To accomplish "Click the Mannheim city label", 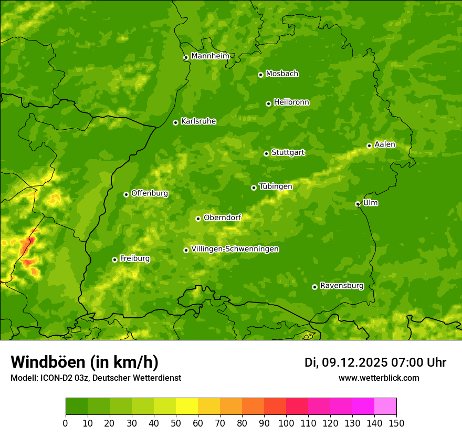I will [x=210, y=56].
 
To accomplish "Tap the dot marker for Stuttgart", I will [x=266, y=153].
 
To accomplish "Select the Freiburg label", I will [x=134, y=258].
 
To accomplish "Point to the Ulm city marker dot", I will [x=358, y=204].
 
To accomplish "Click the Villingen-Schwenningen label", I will [x=235, y=249].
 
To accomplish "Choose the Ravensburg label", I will [x=342, y=286].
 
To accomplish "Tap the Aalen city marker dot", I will [x=369, y=146].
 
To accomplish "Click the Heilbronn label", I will [x=291, y=102].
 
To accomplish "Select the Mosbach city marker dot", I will [x=260, y=75].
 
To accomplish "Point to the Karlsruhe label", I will [x=198, y=121].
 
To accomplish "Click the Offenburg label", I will [x=150, y=193].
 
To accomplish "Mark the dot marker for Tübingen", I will [x=254, y=188].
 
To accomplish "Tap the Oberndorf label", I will [x=222, y=217].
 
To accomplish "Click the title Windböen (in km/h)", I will [x=84, y=362].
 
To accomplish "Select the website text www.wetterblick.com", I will [x=379, y=378].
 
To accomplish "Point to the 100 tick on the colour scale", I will [x=286, y=422].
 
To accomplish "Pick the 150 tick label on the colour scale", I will [x=396, y=422].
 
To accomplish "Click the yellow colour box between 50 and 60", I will [x=187, y=407].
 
